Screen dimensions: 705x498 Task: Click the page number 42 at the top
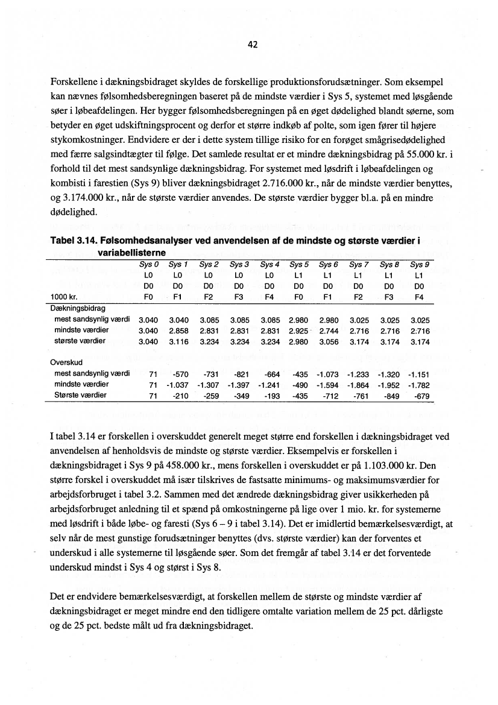pos(253,45)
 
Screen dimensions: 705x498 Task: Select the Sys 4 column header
pos(269,264)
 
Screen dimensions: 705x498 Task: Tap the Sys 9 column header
pos(420,264)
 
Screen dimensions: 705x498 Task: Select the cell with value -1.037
pos(178,385)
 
